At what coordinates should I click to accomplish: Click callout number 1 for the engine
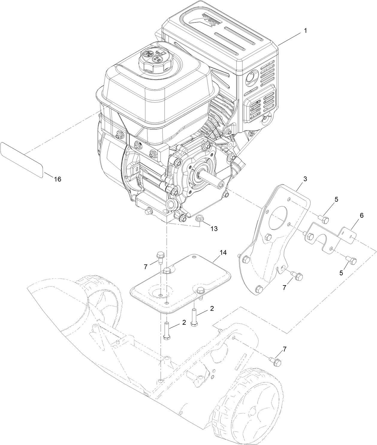(305, 31)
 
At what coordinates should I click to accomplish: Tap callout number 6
(361, 215)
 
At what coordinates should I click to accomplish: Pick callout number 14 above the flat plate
(223, 253)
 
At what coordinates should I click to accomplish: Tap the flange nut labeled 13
(198, 219)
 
